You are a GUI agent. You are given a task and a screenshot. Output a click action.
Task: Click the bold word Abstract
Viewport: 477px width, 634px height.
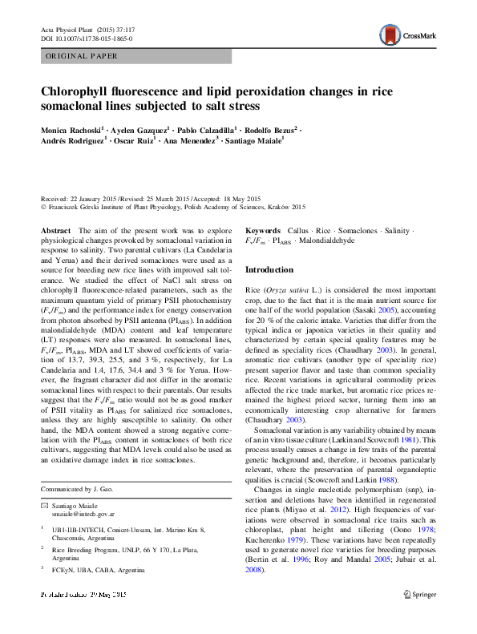pyautogui.click(x=56, y=230)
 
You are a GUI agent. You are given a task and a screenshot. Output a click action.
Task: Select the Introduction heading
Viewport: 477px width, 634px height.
pyautogui.click(x=270, y=269)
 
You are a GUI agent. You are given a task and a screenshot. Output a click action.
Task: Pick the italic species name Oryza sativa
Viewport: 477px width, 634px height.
pyautogui.click(x=283, y=287)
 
